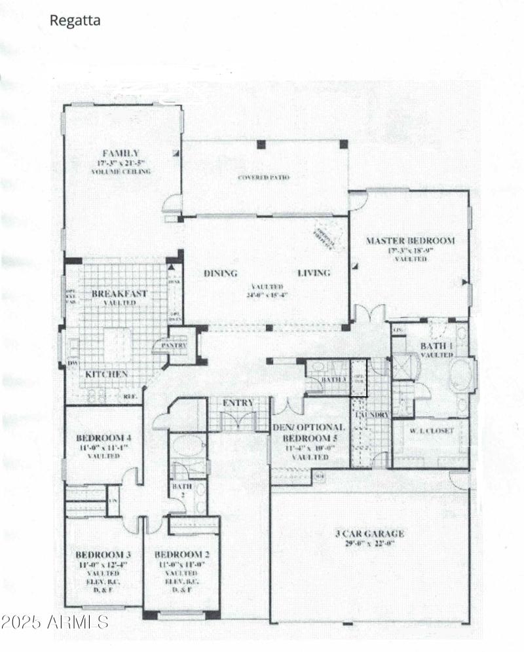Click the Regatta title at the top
[x=75, y=21]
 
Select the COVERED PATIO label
[x=263, y=177]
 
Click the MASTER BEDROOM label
[x=410, y=241]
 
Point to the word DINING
[x=220, y=273]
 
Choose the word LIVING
[x=314, y=273]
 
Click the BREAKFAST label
[x=119, y=294]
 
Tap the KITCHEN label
[x=106, y=374]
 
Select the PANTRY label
[x=170, y=346]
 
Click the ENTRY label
[x=238, y=403]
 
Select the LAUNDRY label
[x=371, y=415]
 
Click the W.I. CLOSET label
[x=430, y=431]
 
